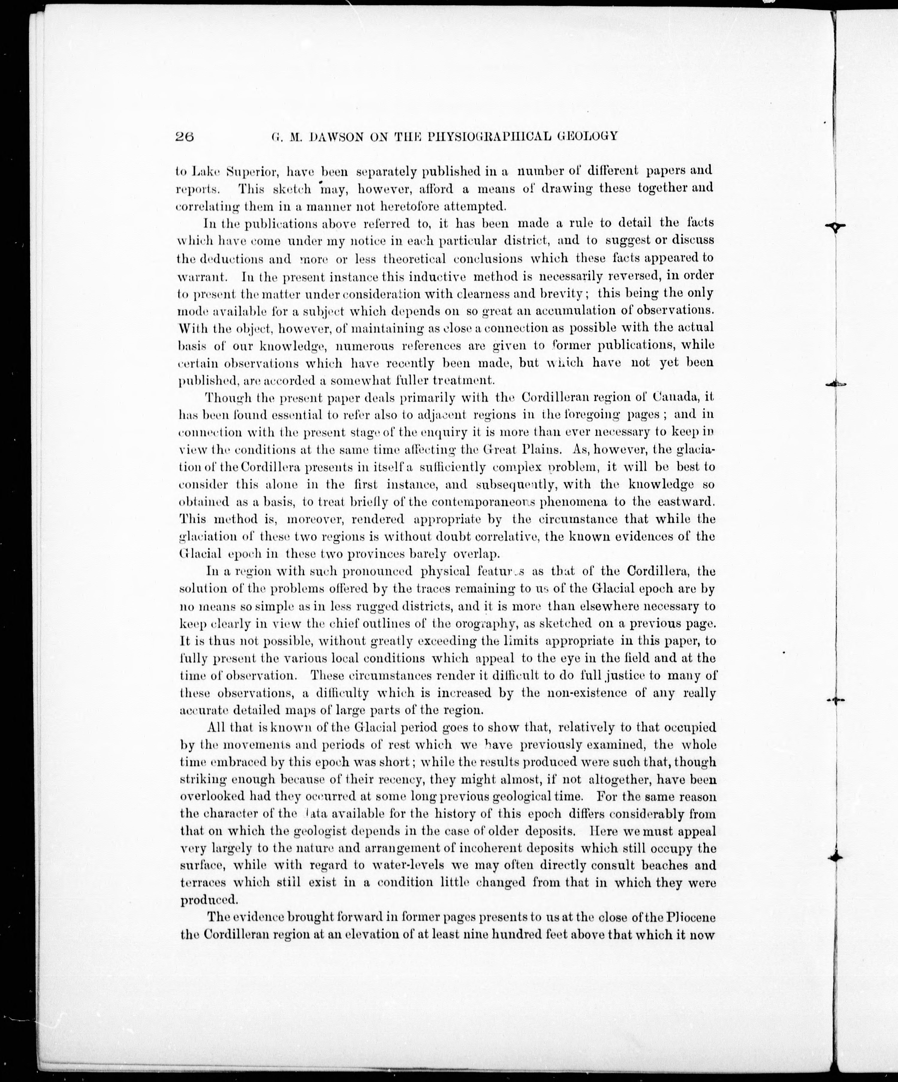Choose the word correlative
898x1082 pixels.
(498, 537)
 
